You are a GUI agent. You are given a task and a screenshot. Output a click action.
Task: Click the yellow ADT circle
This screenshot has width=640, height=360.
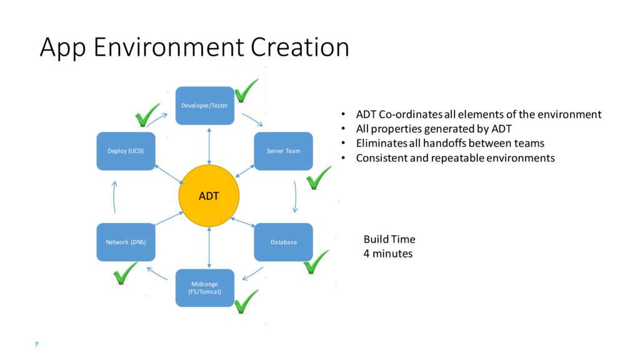(x=209, y=196)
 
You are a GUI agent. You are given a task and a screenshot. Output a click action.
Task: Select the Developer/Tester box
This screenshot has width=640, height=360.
(x=204, y=106)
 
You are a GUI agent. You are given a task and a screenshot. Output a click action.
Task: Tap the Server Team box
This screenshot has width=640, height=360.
(x=283, y=151)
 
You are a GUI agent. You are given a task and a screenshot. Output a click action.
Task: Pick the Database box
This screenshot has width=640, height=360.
(x=283, y=242)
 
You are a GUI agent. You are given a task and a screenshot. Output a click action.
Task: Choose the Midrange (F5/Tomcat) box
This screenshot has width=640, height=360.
(x=205, y=287)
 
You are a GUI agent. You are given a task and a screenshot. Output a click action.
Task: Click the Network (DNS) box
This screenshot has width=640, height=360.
(x=126, y=242)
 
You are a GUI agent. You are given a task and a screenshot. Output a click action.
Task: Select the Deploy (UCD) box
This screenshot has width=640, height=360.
(x=126, y=151)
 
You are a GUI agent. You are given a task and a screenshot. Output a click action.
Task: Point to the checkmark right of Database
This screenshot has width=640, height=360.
(x=316, y=262)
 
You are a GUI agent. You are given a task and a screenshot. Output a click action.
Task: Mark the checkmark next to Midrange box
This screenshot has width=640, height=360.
(x=246, y=301)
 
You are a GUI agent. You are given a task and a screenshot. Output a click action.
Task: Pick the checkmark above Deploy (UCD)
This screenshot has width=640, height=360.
(x=147, y=115)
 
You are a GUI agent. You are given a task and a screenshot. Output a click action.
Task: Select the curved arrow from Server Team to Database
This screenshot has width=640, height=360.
(x=295, y=196)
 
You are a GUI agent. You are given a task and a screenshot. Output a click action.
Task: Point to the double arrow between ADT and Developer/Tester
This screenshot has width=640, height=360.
(x=209, y=145)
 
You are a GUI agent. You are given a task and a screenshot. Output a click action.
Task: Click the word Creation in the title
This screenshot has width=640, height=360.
(x=300, y=48)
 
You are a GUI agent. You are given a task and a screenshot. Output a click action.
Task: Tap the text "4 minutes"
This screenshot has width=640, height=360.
(x=388, y=254)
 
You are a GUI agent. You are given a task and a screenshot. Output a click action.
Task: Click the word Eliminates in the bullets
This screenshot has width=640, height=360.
(x=382, y=143)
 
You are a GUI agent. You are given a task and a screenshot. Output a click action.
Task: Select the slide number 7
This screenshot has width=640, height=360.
(x=37, y=345)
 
